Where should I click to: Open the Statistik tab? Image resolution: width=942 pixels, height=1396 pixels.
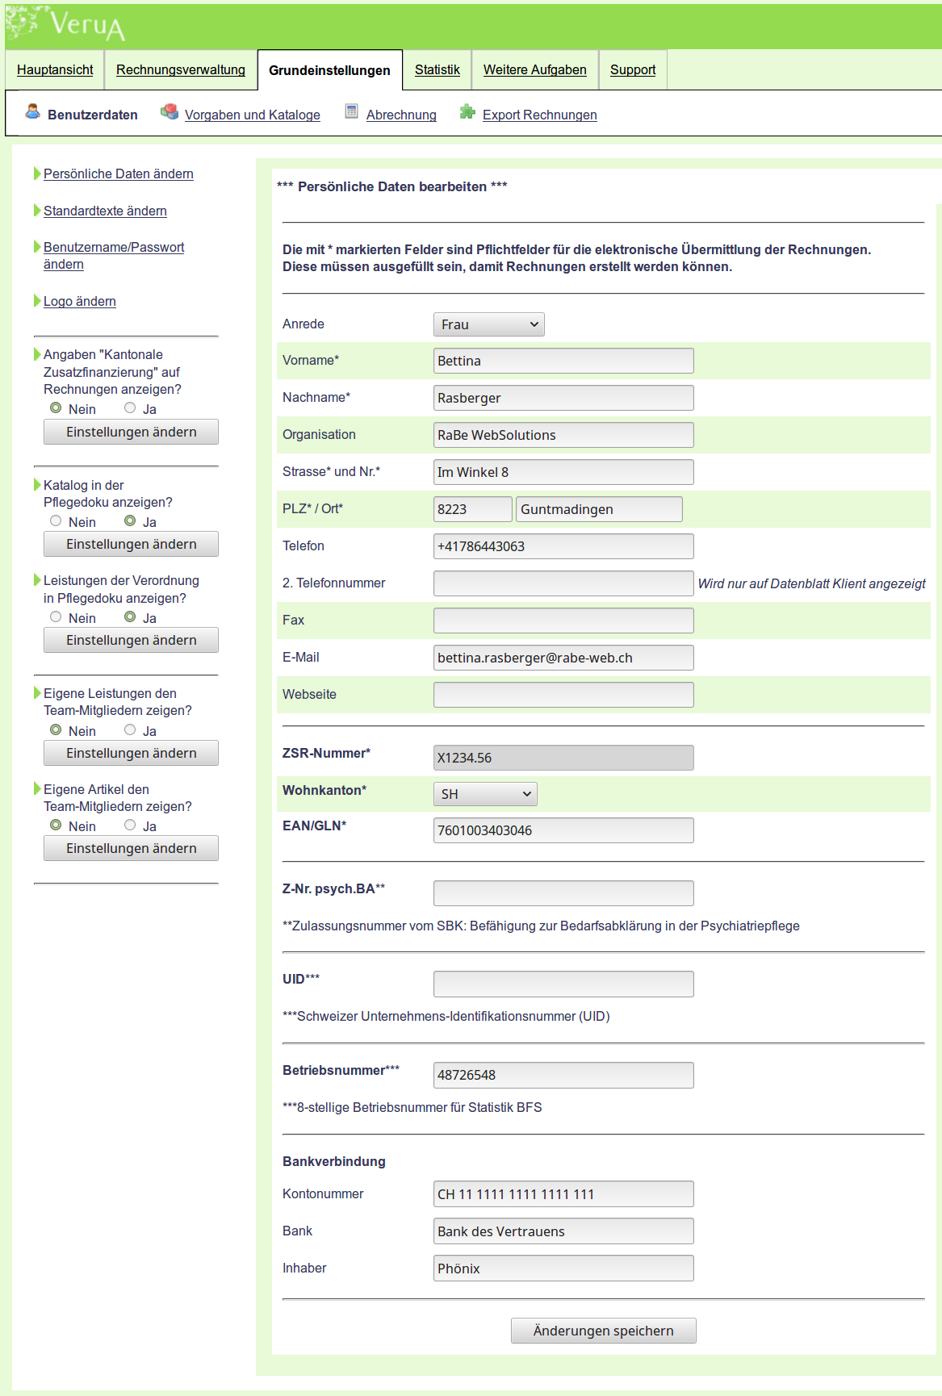click(x=437, y=70)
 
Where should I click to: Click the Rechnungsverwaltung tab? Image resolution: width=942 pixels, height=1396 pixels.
click(x=180, y=70)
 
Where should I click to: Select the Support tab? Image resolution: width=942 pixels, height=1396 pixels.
click(x=632, y=70)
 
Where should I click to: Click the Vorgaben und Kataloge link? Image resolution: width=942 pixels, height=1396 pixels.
click(x=252, y=115)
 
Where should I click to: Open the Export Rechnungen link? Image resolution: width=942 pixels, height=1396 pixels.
click(x=539, y=115)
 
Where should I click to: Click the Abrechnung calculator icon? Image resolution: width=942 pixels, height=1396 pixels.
click(x=351, y=111)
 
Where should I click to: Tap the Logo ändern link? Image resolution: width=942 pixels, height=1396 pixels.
click(x=79, y=301)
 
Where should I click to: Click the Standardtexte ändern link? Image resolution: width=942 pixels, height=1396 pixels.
click(x=105, y=211)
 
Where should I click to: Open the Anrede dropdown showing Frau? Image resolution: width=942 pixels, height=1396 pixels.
click(x=488, y=324)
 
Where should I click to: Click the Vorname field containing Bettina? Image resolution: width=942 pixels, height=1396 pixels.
click(x=563, y=361)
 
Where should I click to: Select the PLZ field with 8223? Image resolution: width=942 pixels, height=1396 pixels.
click(x=472, y=509)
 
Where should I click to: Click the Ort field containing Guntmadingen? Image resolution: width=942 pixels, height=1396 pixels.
click(x=598, y=509)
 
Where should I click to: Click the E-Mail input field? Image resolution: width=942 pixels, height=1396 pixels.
click(x=563, y=658)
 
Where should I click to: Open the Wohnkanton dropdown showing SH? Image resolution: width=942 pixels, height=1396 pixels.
click(x=484, y=794)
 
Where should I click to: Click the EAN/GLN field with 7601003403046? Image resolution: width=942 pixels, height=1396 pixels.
click(x=563, y=830)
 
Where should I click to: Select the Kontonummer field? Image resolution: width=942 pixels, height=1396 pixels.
click(x=563, y=1194)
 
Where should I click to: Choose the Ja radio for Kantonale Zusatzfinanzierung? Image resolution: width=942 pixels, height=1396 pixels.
click(x=130, y=408)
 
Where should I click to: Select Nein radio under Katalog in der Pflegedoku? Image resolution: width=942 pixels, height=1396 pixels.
click(x=56, y=521)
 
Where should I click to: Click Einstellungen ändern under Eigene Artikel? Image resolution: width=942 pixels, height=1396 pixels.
click(x=131, y=848)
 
